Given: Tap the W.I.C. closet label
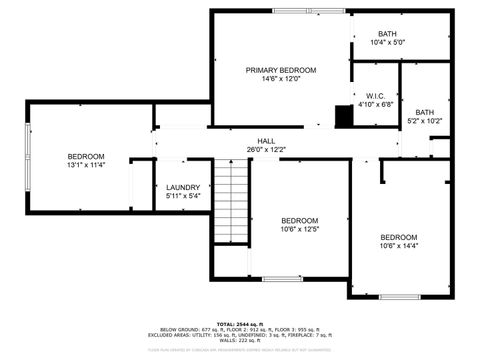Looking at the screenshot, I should [x=362, y=96].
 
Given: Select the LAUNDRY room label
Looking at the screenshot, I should [x=182, y=187].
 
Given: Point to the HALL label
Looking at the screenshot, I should [x=266, y=141].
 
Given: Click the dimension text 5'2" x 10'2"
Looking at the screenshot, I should [x=425, y=121].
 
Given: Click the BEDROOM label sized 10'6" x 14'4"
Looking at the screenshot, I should [x=398, y=236].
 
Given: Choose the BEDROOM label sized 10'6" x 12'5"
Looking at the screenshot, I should [x=299, y=220].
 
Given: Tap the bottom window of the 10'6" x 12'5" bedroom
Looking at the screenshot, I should [x=283, y=278].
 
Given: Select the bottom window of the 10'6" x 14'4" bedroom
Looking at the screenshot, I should [x=399, y=296].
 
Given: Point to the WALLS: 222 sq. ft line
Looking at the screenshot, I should [x=239, y=342].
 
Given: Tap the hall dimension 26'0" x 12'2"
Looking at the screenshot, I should [x=266, y=150].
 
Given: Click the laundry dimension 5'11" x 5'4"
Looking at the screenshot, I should [x=182, y=196].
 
